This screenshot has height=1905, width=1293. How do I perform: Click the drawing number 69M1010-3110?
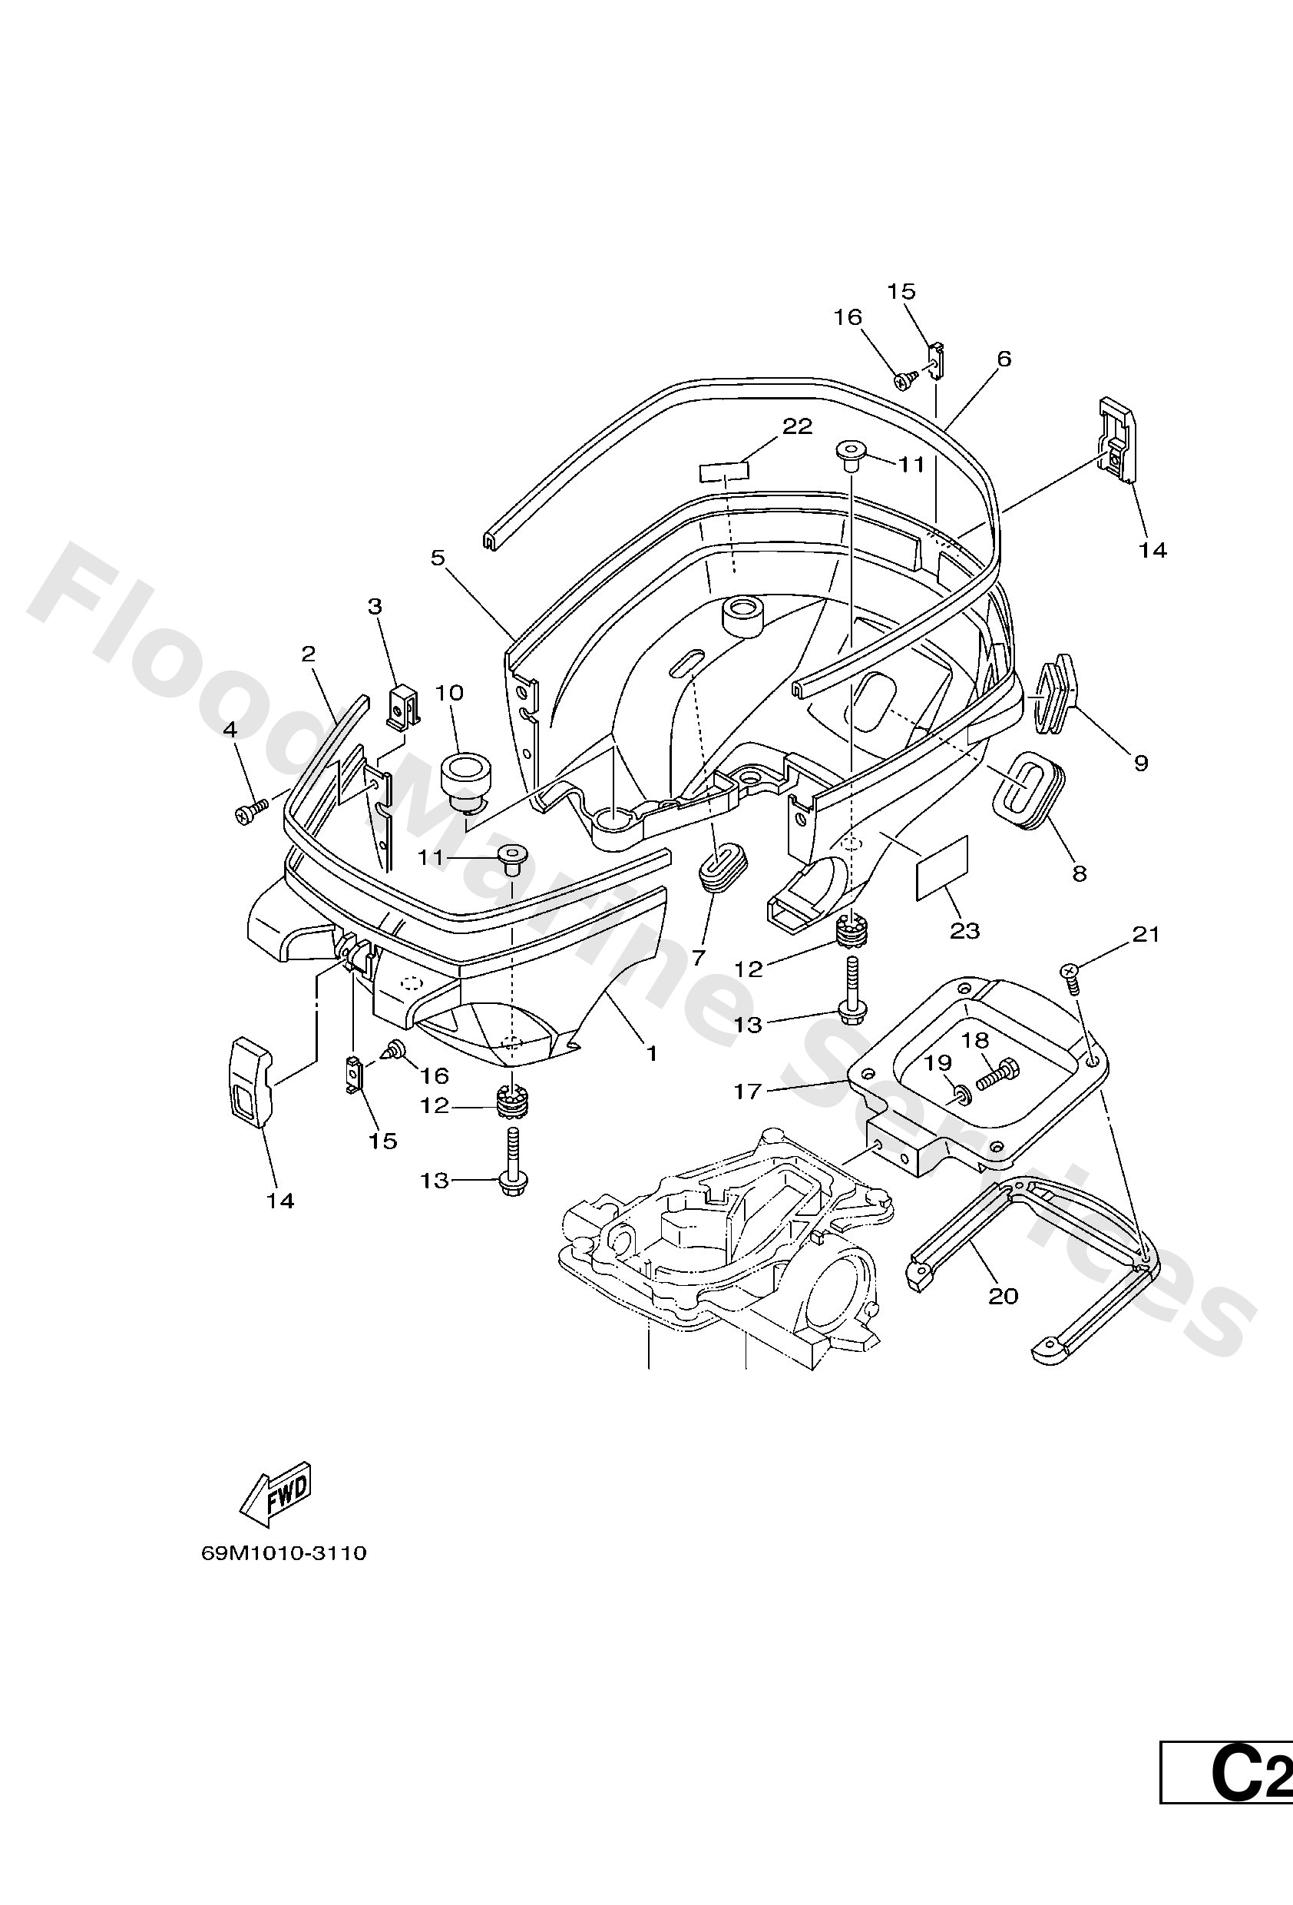coord(283,1553)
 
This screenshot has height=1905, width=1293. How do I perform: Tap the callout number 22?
coord(796,426)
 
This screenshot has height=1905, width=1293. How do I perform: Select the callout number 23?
coord(964,930)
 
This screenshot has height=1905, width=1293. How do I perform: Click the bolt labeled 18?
coord(998,1071)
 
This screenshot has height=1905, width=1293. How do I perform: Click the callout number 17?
coord(747,1090)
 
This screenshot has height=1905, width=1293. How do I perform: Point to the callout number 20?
coord(1003,1295)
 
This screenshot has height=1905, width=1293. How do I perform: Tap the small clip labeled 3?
coord(402,706)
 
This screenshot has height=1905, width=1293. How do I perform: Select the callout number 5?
coord(438,558)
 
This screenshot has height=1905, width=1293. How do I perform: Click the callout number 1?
coord(651,1053)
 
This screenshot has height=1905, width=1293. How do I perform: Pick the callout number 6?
coord(1004,358)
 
